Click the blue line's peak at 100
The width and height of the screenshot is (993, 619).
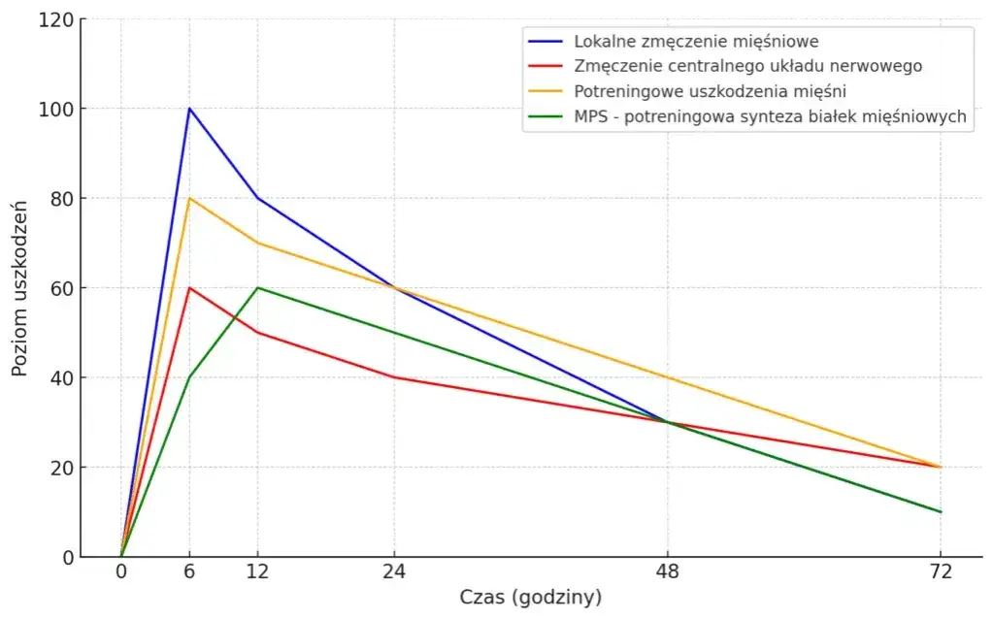click(x=189, y=109)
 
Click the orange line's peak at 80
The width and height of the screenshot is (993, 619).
click(x=189, y=198)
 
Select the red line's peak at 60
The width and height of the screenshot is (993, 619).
click(x=189, y=288)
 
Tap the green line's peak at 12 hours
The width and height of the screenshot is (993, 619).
click(x=257, y=288)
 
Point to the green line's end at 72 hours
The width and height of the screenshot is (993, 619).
click(x=940, y=511)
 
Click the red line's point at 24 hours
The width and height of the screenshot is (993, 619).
click(x=394, y=377)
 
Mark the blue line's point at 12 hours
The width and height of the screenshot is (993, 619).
click(x=257, y=198)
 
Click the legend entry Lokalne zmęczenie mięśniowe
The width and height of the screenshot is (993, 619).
click(x=696, y=42)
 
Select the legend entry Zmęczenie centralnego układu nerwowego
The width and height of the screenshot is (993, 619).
click(x=747, y=67)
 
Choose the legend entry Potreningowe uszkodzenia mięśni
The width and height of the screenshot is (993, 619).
click(x=710, y=92)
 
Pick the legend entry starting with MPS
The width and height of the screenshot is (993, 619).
click(x=770, y=117)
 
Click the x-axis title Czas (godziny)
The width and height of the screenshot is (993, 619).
click(x=530, y=597)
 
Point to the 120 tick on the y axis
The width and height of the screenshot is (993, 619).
click(x=60, y=19)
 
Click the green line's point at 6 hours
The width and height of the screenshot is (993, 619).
click(x=189, y=377)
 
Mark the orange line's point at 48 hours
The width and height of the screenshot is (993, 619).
click(x=667, y=377)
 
